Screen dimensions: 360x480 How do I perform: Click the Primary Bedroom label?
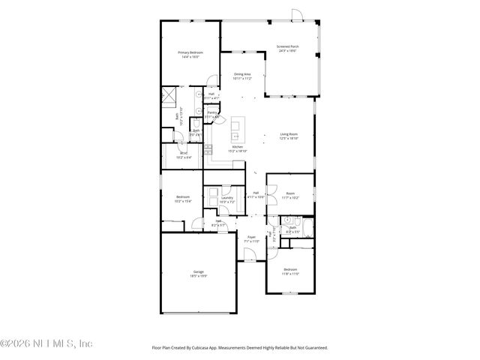(x=190, y=54)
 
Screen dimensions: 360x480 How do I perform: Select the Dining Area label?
(x=241, y=76)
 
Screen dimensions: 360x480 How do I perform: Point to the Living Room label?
(x=289, y=136)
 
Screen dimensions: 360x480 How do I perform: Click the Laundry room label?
(x=227, y=199)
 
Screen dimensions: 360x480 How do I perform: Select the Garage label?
(x=199, y=274)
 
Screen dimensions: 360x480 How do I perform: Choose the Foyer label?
(x=251, y=239)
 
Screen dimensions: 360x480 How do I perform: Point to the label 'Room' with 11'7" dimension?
(x=290, y=195)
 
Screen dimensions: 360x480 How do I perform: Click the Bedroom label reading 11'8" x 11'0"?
(x=291, y=271)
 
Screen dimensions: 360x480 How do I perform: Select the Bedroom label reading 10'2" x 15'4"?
(x=183, y=199)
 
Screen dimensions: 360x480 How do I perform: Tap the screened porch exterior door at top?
(x=297, y=14)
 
